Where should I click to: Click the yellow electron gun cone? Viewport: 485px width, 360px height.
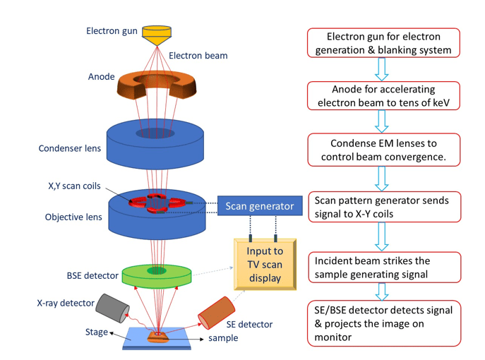pyautogui.click(x=157, y=32)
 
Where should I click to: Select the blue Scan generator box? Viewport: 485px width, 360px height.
pyautogui.click(x=259, y=207)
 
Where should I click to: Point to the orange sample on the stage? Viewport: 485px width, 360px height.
pyautogui.click(x=157, y=337)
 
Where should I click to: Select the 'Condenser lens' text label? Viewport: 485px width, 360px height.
pyautogui.click(x=70, y=148)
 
